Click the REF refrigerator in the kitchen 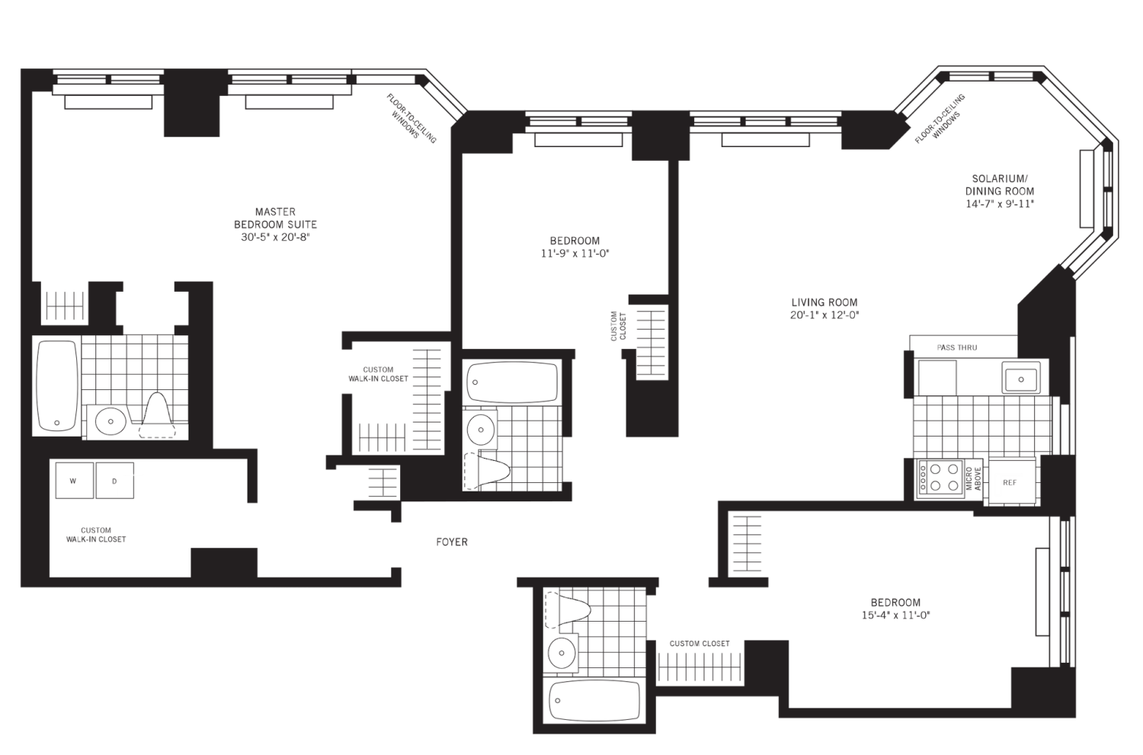click(x=1013, y=481)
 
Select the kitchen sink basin click(x=1019, y=377)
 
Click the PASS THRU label click(x=957, y=347)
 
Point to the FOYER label click(x=452, y=542)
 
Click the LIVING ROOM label click(x=825, y=308)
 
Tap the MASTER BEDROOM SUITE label click(x=275, y=224)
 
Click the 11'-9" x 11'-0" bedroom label click(x=575, y=247)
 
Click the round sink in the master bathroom click(x=111, y=421)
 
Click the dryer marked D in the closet click(x=114, y=481)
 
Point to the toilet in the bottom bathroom click(x=568, y=610)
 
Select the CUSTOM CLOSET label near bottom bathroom click(x=700, y=644)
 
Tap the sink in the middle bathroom click(x=481, y=428)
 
